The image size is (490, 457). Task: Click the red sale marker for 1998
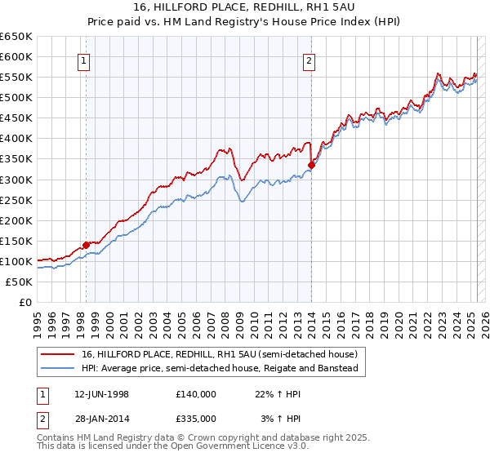coord(86,245)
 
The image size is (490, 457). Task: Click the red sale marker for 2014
coord(311,165)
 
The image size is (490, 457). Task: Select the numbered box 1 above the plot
coord(85,60)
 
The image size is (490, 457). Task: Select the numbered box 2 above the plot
coord(310,60)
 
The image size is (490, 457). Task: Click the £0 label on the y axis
coord(25,302)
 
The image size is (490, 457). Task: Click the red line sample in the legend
coord(59,355)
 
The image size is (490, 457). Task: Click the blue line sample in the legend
coord(59,368)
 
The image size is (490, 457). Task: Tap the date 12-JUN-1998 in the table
coord(101,393)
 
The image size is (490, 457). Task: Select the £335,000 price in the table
coord(195,418)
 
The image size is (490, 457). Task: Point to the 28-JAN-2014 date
coord(101,418)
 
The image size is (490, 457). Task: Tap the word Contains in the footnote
coord(56,438)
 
